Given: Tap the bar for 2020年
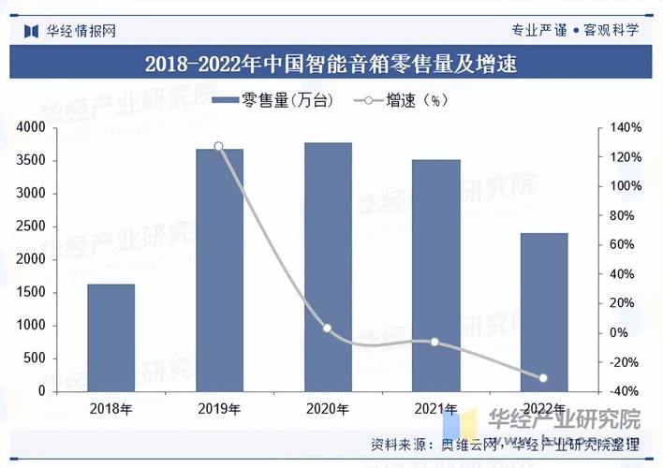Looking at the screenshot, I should [328, 267].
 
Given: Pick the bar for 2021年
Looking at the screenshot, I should [435, 275].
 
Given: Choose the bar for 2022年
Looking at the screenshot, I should [544, 312].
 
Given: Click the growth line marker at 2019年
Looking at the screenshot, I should [219, 146].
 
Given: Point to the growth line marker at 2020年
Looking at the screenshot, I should [327, 329].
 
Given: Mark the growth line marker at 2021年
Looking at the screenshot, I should [435, 342].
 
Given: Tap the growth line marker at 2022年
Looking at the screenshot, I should [543, 378].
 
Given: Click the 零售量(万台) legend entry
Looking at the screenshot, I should [273, 101].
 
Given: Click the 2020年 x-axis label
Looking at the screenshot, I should [328, 409].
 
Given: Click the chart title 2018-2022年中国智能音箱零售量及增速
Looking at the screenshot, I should [331, 65].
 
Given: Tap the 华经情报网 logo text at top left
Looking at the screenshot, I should [81, 30].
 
